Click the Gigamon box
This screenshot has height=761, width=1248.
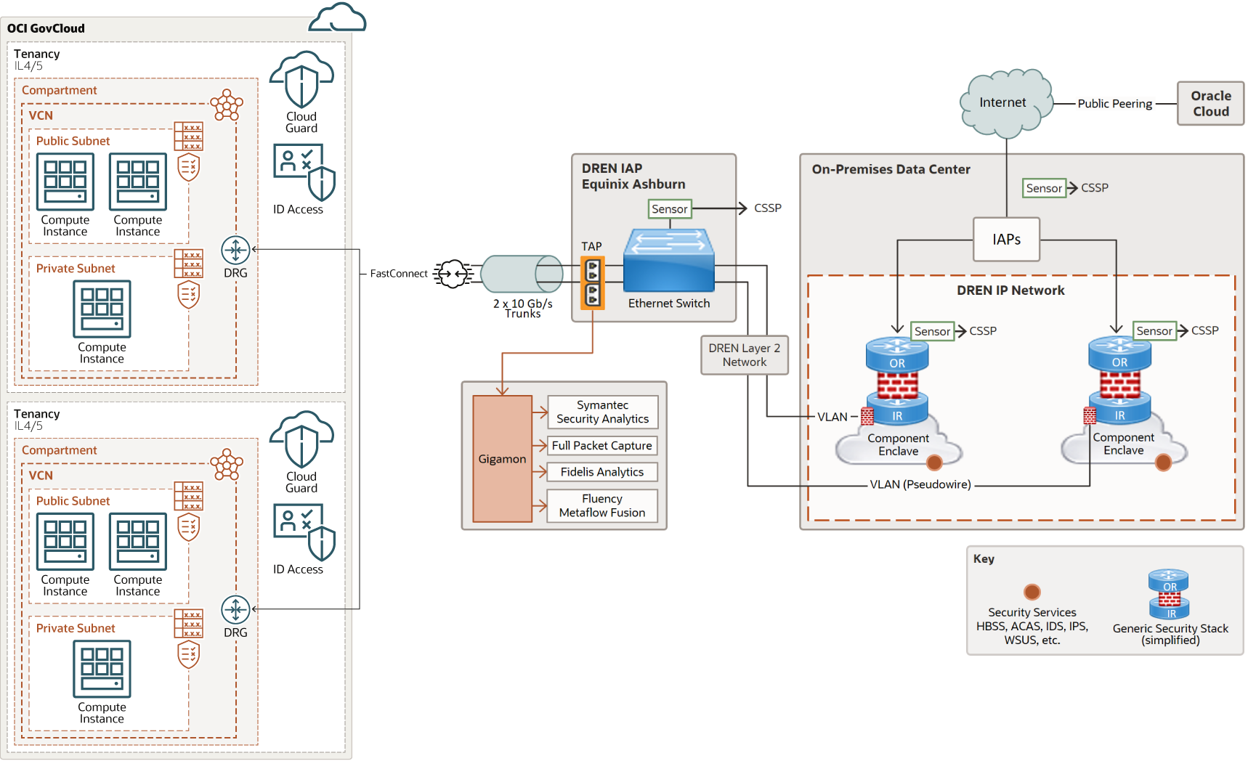502,459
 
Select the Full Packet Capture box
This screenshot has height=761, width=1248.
601,446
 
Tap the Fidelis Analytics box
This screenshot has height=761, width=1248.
601,472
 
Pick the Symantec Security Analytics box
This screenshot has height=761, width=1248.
602,412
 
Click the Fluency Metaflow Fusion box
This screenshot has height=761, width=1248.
601,505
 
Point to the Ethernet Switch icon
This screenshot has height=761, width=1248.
668,261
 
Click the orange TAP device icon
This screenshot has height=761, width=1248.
593,282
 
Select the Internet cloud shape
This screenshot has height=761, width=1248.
1005,103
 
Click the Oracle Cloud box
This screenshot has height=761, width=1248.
1210,104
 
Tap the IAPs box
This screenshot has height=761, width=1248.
1006,240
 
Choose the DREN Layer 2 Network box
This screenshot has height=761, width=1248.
744,355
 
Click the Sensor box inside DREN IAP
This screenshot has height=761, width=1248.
669,209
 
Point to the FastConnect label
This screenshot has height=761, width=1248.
399,274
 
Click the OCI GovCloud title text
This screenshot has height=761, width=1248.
46,28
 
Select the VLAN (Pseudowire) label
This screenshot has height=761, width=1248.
920,484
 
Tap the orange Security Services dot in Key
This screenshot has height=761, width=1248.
1032,592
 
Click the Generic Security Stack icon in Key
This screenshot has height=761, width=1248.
1169,594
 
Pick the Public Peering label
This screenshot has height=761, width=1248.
1114,104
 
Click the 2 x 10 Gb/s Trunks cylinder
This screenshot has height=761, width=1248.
522,274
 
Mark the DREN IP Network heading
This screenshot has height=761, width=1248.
1010,290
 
